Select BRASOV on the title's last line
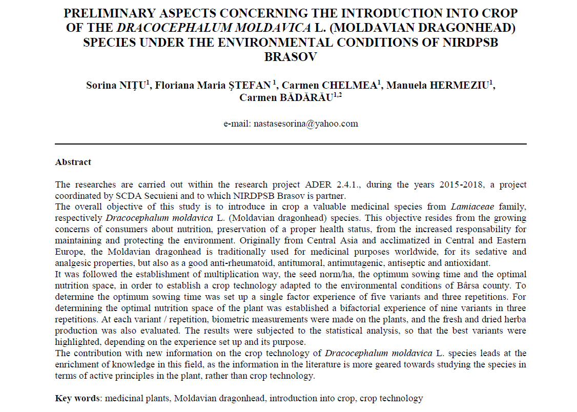tap(291, 57)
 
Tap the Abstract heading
tap(73, 162)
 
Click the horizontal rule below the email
tap(291, 144)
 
